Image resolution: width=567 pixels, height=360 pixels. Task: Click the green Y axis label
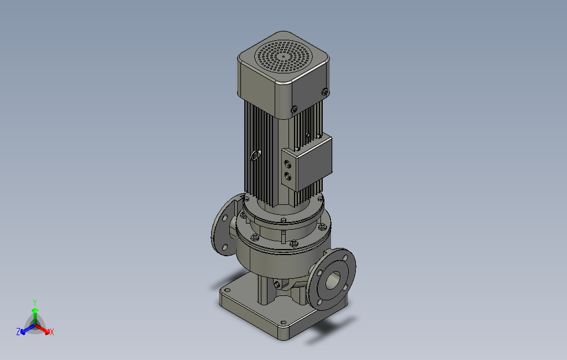[35, 302]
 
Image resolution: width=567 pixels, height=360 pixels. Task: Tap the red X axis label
[52, 332]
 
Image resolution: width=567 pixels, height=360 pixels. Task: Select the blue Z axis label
[18, 331]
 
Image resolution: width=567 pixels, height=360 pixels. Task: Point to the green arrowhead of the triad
[35, 310]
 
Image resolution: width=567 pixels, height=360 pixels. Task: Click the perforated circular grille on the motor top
[283, 56]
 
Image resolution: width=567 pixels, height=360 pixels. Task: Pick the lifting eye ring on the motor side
[255, 156]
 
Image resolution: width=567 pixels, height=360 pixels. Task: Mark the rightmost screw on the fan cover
[325, 92]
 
